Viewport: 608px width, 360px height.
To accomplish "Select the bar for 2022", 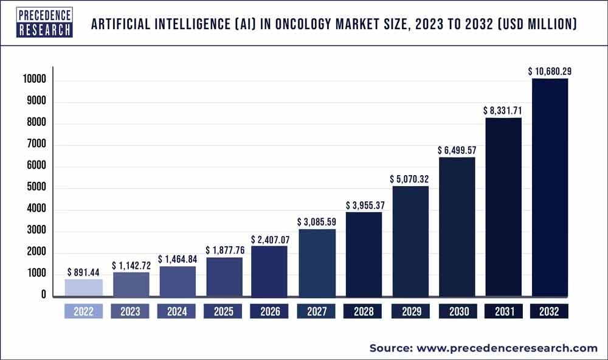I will (83, 288).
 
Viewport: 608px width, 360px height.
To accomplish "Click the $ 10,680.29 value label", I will (550, 71).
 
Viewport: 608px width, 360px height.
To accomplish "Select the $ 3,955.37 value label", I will (364, 205).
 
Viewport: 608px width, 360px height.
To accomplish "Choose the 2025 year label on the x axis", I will (223, 312).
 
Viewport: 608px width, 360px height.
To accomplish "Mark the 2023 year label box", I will (130, 312).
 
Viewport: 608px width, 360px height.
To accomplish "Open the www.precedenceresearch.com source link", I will (506, 348).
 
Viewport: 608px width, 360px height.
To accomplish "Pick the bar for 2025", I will (223, 277).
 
